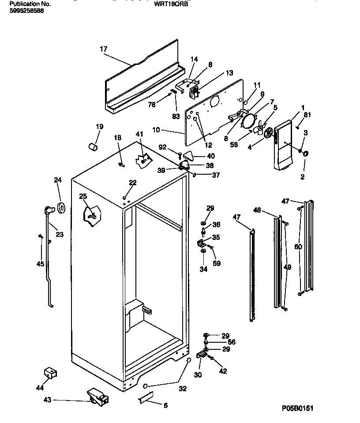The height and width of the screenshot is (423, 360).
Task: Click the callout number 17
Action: point(103,49)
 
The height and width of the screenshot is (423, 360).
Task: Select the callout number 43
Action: point(47,400)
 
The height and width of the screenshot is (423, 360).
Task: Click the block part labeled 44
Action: point(51,373)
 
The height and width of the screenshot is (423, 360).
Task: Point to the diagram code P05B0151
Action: point(297,409)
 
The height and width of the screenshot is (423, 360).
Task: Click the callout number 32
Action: point(183,389)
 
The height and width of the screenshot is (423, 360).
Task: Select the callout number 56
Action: point(231,342)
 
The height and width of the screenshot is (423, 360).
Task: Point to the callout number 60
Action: point(298,247)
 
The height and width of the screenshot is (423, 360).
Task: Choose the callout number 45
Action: point(40,264)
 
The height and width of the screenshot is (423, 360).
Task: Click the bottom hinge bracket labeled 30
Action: point(203,354)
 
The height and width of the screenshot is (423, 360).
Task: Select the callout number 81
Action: point(307,116)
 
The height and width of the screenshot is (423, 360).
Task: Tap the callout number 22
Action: point(133,183)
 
